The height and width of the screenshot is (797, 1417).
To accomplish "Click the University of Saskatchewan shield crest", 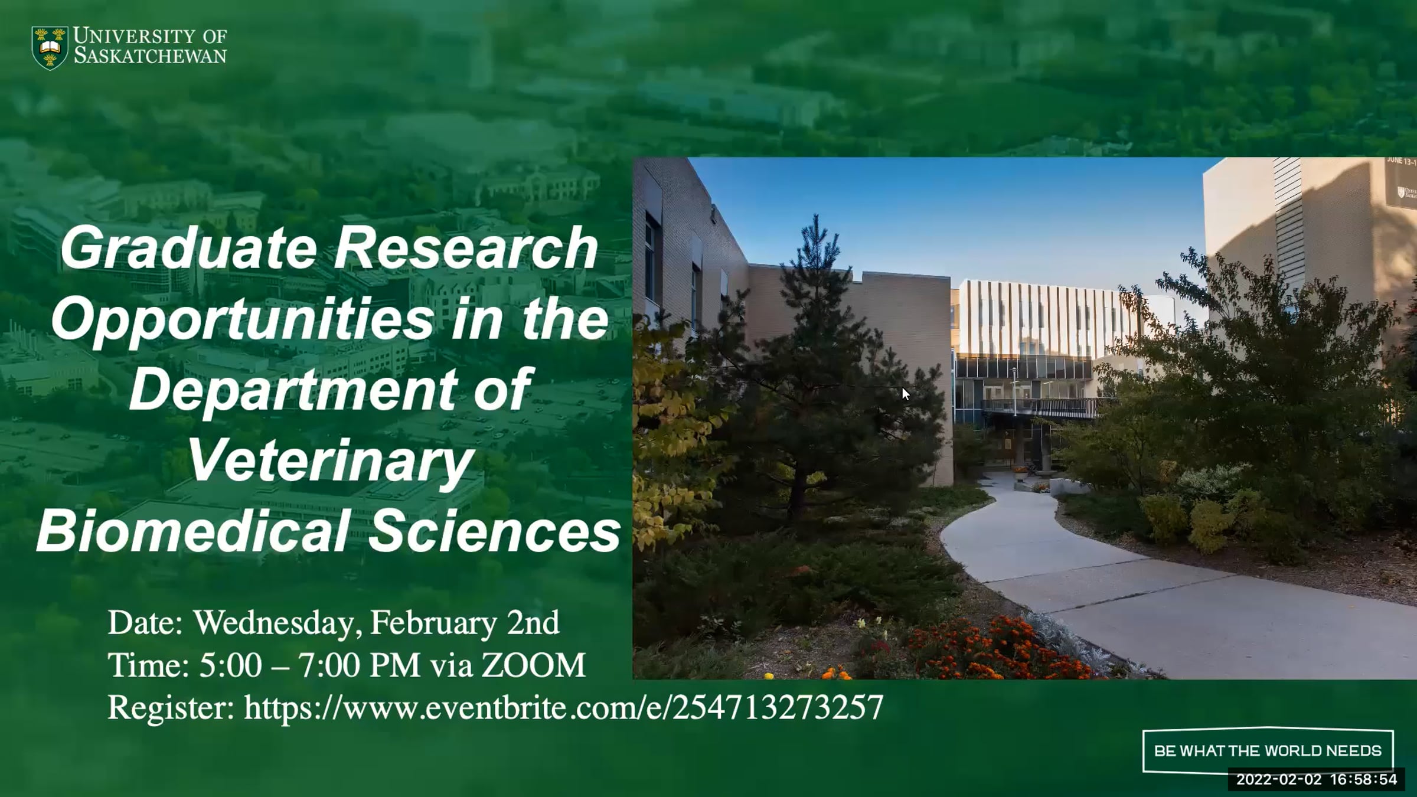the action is click(x=50, y=48).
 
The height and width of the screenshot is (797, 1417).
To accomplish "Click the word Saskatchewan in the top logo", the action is click(x=150, y=56).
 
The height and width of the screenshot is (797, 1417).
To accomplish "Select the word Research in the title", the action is click(x=466, y=248).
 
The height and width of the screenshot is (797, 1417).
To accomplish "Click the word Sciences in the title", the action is click(x=495, y=531).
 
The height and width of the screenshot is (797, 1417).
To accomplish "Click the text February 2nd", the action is click(x=465, y=623).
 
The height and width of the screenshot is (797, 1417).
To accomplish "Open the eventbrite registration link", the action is click(x=564, y=708).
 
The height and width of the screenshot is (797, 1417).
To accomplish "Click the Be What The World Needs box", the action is click(x=1268, y=751).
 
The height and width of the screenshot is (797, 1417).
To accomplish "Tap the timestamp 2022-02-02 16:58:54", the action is click(x=1317, y=779).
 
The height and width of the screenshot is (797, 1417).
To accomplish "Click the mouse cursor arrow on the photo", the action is click(x=906, y=394).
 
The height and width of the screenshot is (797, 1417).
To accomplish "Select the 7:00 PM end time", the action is click(x=360, y=665).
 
